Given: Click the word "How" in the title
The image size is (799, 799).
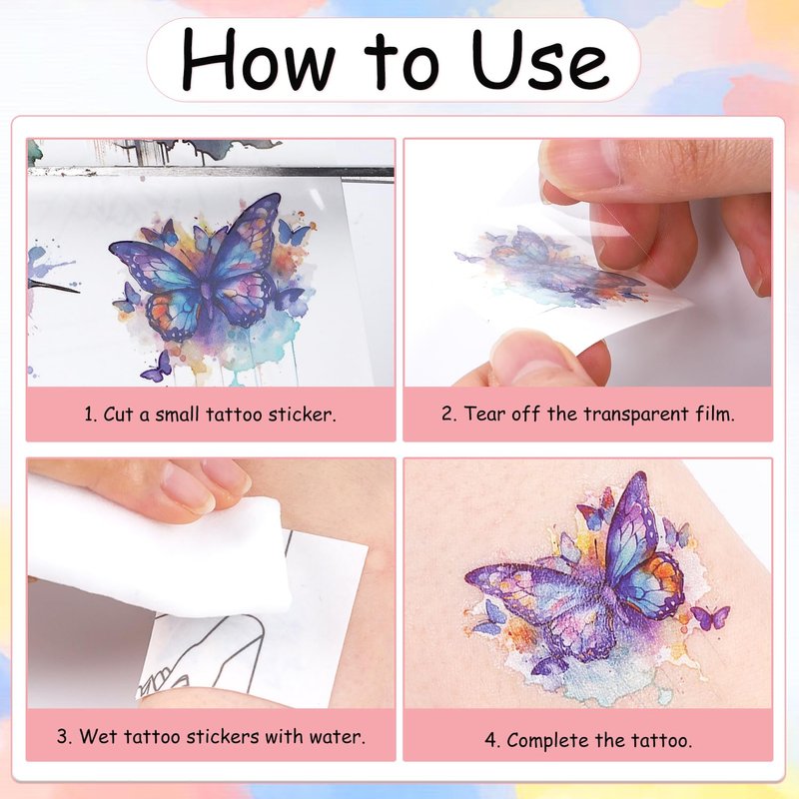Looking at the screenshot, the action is click(258, 60).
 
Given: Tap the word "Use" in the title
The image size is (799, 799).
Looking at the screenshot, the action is click(539, 59).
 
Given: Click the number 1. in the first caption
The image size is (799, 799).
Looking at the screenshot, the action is click(91, 414).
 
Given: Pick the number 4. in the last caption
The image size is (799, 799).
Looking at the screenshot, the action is click(492, 740).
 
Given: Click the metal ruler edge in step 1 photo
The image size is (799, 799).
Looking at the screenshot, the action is click(211, 172).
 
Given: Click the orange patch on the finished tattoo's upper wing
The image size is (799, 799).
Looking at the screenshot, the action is click(662, 573).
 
